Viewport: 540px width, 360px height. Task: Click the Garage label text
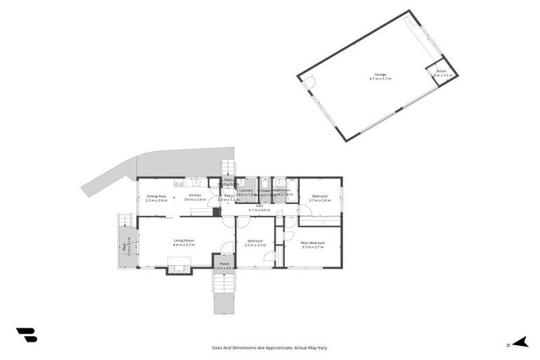(380, 76)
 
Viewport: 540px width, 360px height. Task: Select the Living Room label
(184, 243)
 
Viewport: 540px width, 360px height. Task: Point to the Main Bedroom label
(313, 245)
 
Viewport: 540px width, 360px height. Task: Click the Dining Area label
(156, 198)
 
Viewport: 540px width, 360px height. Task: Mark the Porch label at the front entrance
(224, 266)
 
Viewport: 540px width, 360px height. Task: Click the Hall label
(259, 208)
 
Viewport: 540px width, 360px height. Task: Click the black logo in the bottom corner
(26, 335)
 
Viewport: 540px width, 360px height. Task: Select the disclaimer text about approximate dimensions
(270, 347)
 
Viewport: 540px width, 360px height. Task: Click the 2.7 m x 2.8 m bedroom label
(320, 198)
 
